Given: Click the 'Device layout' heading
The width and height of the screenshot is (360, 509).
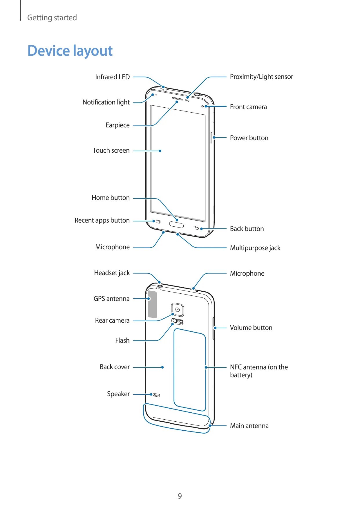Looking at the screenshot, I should pyautogui.click(x=70, y=51).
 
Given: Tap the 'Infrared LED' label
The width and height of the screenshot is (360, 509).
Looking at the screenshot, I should pyautogui.click(x=112, y=77).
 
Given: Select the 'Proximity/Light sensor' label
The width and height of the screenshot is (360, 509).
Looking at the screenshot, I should pyautogui.click(x=261, y=77).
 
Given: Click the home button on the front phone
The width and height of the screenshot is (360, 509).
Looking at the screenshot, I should pyautogui.click(x=176, y=225).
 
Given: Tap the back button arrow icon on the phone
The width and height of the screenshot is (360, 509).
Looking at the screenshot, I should pyautogui.click(x=196, y=228).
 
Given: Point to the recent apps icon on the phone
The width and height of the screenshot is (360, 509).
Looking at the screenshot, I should pyautogui.click(x=158, y=222).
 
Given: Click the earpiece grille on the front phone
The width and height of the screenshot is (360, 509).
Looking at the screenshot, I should pyautogui.click(x=178, y=99).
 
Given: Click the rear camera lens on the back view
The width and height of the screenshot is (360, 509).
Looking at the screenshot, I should pyautogui.click(x=178, y=310).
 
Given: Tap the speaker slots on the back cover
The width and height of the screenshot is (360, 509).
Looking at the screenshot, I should pyautogui.click(x=157, y=395).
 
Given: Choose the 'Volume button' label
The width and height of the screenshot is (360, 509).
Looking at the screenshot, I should pyautogui.click(x=251, y=328).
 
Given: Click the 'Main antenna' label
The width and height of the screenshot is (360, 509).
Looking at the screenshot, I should pyautogui.click(x=249, y=426).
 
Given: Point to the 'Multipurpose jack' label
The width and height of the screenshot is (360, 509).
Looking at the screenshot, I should pyautogui.click(x=255, y=248).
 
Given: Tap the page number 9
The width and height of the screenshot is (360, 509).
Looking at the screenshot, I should pyautogui.click(x=180, y=496).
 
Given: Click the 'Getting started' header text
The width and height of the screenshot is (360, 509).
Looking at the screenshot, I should pyautogui.click(x=52, y=18).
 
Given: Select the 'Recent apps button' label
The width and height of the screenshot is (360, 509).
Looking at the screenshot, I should pyautogui.click(x=102, y=220).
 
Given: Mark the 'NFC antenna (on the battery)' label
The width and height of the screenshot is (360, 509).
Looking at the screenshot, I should pyautogui.click(x=258, y=371).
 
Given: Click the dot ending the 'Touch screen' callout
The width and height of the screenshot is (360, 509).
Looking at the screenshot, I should pyautogui.click(x=160, y=151).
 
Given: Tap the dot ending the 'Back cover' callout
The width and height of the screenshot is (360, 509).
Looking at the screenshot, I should pyautogui.click(x=162, y=367).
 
